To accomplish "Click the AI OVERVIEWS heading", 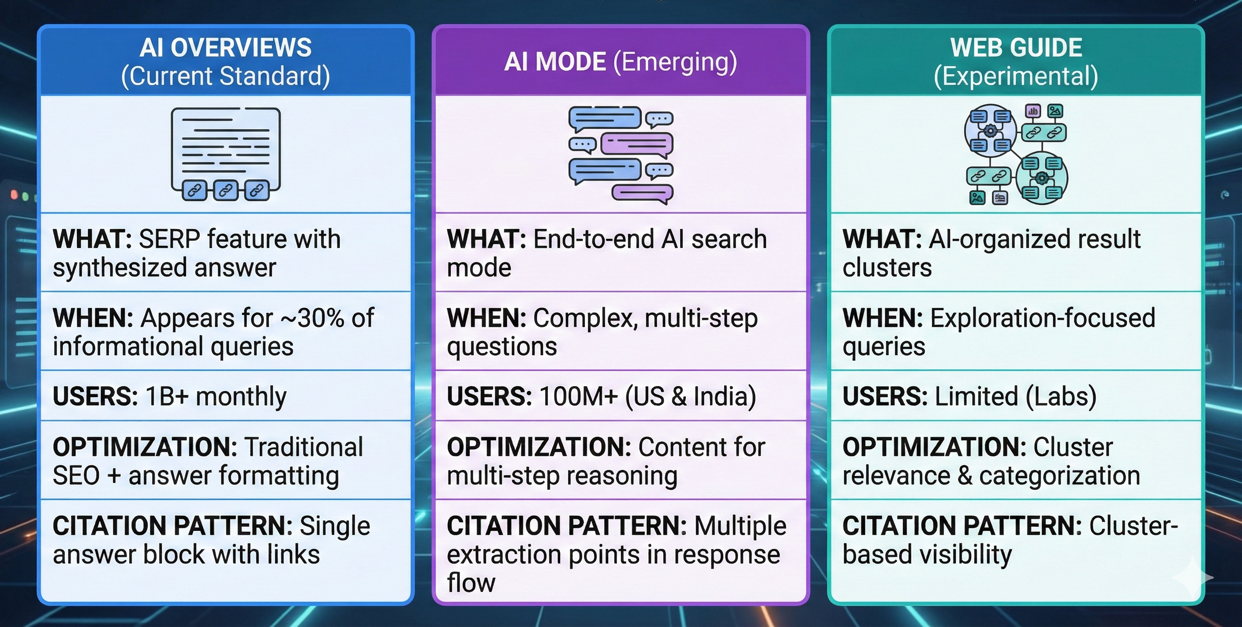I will pyautogui.click(x=225, y=47).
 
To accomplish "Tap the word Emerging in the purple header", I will pyautogui.click(x=674, y=62).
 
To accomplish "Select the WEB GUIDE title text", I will pyautogui.click(x=1016, y=47).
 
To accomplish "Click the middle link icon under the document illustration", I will pyautogui.click(x=225, y=191).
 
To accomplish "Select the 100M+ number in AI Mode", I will pyautogui.click(x=578, y=397).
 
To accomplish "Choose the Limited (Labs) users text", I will pyautogui.click(x=1015, y=397).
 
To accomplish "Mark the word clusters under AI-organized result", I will pyautogui.click(x=887, y=268).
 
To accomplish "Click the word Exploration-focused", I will pyautogui.click(x=1042, y=318).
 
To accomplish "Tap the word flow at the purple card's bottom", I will pyautogui.click(x=471, y=582).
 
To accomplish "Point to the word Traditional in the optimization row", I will pyautogui.click(x=303, y=447).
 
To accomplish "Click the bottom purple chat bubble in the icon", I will pyautogui.click(x=642, y=193).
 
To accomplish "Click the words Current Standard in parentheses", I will pyautogui.click(x=225, y=76).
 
